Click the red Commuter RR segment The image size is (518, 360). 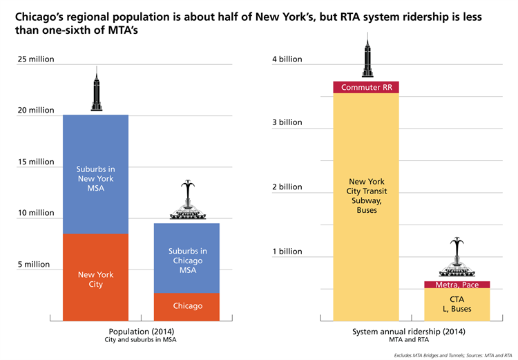[366, 87]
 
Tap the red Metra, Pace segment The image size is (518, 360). [457, 285]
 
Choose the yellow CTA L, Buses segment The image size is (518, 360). [457, 304]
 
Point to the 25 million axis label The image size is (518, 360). [36, 59]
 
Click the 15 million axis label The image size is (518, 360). [36, 162]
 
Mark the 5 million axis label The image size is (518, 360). [35, 264]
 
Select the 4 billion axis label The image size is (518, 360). [287, 59]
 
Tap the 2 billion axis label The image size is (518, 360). [287, 187]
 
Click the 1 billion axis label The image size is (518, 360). [287, 252]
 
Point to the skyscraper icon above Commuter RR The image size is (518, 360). [366, 59]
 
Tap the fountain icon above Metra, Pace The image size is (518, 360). [457, 259]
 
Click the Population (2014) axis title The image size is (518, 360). [141, 332]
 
